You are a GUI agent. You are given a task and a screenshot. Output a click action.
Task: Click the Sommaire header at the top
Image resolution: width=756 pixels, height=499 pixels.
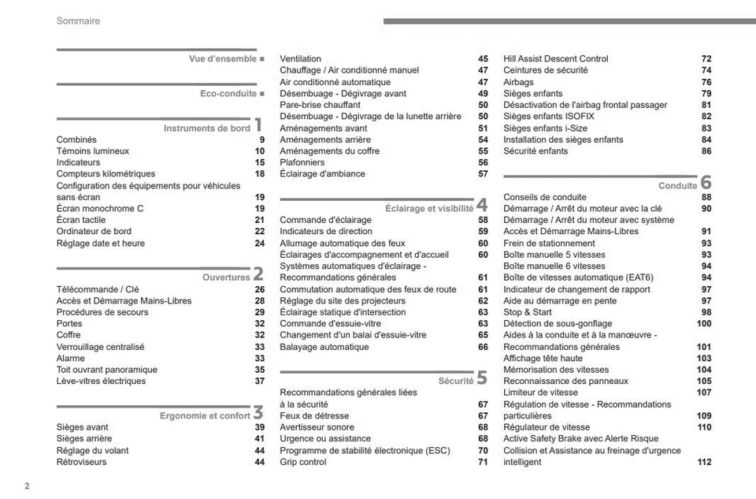[x=78, y=21]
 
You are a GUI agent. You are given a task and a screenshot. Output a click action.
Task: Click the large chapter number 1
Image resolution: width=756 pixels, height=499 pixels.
[x=258, y=125]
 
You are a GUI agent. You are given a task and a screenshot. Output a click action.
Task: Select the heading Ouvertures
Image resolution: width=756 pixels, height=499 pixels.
[x=226, y=277]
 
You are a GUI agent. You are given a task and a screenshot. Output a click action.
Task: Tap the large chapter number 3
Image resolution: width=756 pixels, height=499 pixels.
[x=258, y=412]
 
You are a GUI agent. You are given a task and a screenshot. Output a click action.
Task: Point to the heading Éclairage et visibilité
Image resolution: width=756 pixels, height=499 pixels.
[x=429, y=209]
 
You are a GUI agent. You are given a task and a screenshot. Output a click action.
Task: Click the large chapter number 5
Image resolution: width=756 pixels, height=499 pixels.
[x=481, y=378]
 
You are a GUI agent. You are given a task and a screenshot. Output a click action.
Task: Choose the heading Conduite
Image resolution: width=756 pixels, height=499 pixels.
[x=677, y=186]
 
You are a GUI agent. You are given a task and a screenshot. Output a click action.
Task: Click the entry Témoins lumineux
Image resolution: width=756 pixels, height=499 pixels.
[x=93, y=151]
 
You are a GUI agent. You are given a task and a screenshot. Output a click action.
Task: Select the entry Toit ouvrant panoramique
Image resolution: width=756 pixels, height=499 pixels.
[x=107, y=370]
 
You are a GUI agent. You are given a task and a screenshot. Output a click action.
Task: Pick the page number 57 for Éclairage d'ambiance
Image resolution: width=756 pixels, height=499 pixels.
[x=483, y=174]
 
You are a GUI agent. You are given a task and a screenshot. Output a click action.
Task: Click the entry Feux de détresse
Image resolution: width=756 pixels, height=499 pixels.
[x=314, y=416]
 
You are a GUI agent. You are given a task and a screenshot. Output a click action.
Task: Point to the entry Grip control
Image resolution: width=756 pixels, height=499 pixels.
[x=303, y=462]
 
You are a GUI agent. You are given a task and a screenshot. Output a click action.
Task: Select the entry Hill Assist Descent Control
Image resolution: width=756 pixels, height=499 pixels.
[x=556, y=59]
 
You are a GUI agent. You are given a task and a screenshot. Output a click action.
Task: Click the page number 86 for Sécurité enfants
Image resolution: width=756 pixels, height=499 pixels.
[x=706, y=151]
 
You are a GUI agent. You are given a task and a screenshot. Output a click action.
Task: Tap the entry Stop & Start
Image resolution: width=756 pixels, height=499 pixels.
[x=528, y=312]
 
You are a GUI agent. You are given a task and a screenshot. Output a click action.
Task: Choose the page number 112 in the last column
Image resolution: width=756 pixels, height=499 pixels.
[x=704, y=462]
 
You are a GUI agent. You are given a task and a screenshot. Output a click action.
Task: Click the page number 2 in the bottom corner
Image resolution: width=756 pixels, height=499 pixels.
[x=28, y=486]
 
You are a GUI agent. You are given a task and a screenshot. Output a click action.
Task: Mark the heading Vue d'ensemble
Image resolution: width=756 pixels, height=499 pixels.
[x=222, y=59]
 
